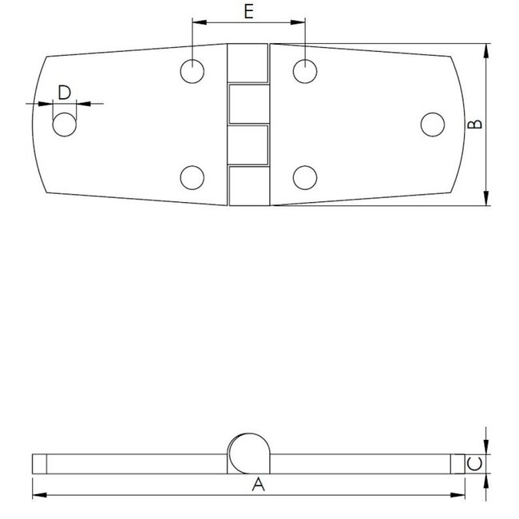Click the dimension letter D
coord(65,92)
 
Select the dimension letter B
coord(473,125)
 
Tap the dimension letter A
coord(257,484)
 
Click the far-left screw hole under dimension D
coord(65,125)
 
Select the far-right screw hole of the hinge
coord(432,125)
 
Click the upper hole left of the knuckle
coord(192,71)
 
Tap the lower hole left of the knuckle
coord(192,176)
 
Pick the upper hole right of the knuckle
coord(304,71)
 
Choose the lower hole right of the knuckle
coord(304,176)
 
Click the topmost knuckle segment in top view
coord(248,62)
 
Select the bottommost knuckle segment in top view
coord(248,185)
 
